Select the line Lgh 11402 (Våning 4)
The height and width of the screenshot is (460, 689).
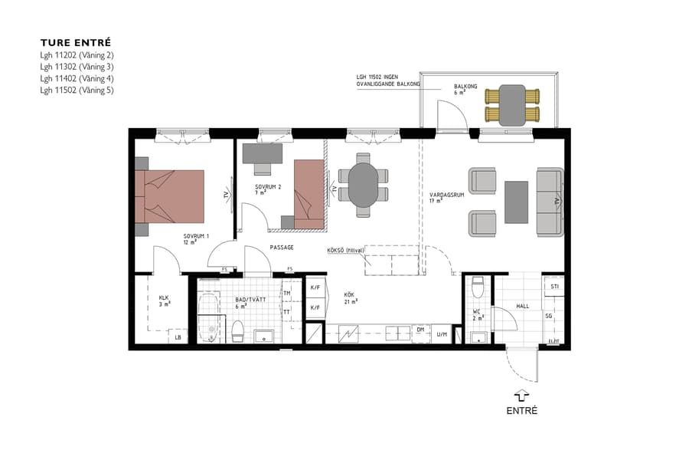tap(77, 78)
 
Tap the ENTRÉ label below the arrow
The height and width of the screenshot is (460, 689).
tap(521, 411)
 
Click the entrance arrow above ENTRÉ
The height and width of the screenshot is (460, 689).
tap(521, 394)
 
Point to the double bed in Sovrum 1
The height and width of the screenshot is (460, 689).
tap(171, 196)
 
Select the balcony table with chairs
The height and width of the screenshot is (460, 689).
tap(512, 105)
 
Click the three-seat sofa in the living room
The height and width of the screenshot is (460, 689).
tap(550, 201)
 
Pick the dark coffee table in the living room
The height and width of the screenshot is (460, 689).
tap(517, 202)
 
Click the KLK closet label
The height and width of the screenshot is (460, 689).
tap(164, 298)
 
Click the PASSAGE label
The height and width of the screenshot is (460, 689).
tap(282, 248)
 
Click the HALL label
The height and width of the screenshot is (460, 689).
tap(523, 306)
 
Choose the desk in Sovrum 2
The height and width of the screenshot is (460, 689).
tap(263, 153)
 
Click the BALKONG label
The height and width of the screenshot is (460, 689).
tap(465, 87)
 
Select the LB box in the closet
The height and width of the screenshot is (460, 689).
tap(178, 337)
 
